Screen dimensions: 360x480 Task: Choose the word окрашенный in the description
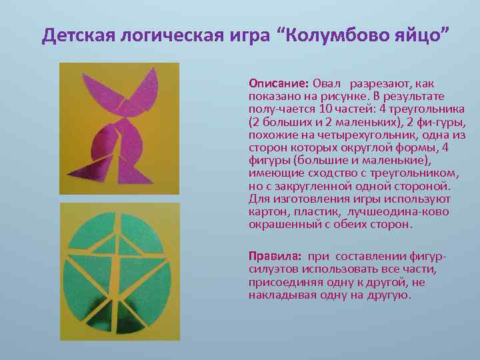tap(280, 224)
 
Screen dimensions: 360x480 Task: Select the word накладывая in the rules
tap(281, 295)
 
